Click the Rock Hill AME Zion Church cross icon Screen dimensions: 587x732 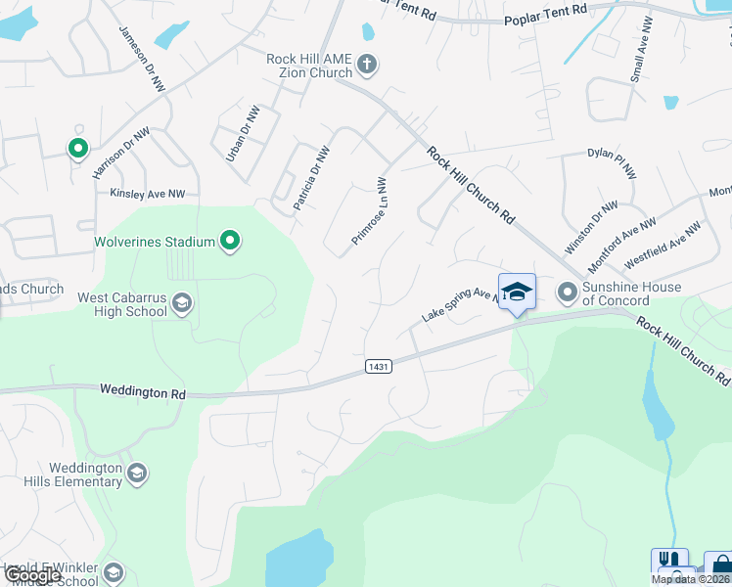(x=367, y=65)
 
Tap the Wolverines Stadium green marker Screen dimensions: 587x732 (x=230, y=241)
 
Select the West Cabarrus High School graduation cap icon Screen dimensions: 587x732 (x=181, y=303)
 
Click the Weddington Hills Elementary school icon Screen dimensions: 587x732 (x=137, y=474)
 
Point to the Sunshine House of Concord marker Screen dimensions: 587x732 (x=568, y=292)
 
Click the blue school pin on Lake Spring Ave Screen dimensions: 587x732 (x=517, y=291)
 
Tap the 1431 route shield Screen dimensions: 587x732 (x=380, y=366)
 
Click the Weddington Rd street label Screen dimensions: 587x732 (x=142, y=391)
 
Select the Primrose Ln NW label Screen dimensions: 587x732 (x=370, y=211)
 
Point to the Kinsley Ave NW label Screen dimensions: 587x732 (x=148, y=194)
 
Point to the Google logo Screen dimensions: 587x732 (x=32, y=575)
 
